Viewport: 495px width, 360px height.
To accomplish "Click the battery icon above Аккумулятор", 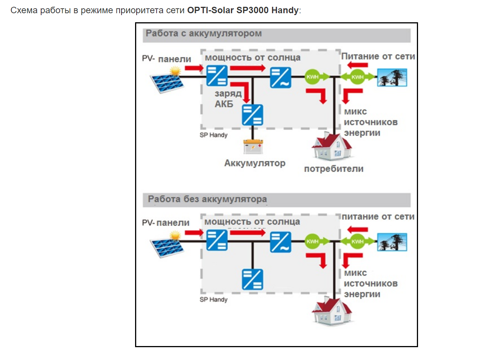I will (253, 146).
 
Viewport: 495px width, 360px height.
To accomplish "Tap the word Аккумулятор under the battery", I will (255, 163).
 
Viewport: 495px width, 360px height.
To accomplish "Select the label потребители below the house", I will (334, 169).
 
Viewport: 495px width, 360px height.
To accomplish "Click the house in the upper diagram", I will (332, 146).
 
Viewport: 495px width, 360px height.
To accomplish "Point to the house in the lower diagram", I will (332, 310).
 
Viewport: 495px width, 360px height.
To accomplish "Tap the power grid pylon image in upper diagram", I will (392, 77).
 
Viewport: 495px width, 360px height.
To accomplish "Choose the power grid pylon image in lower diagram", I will (392, 242).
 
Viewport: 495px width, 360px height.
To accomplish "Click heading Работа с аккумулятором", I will (204, 34).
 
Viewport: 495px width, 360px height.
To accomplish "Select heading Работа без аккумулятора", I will (207, 199).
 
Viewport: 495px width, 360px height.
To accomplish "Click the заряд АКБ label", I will (226, 98).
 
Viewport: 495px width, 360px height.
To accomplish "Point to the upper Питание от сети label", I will (378, 56).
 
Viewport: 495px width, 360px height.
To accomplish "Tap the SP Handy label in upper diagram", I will (214, 135).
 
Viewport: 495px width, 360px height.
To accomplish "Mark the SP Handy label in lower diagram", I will (214, 300).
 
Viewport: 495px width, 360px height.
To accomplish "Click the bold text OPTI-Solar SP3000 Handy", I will (243, 10).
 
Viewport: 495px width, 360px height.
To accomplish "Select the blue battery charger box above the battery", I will (252, 115).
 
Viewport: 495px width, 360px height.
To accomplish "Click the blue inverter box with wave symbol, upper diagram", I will (280, 77).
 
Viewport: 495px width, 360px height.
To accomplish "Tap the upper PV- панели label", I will (166, 59).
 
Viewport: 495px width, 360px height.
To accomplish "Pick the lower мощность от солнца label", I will (252, 222).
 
